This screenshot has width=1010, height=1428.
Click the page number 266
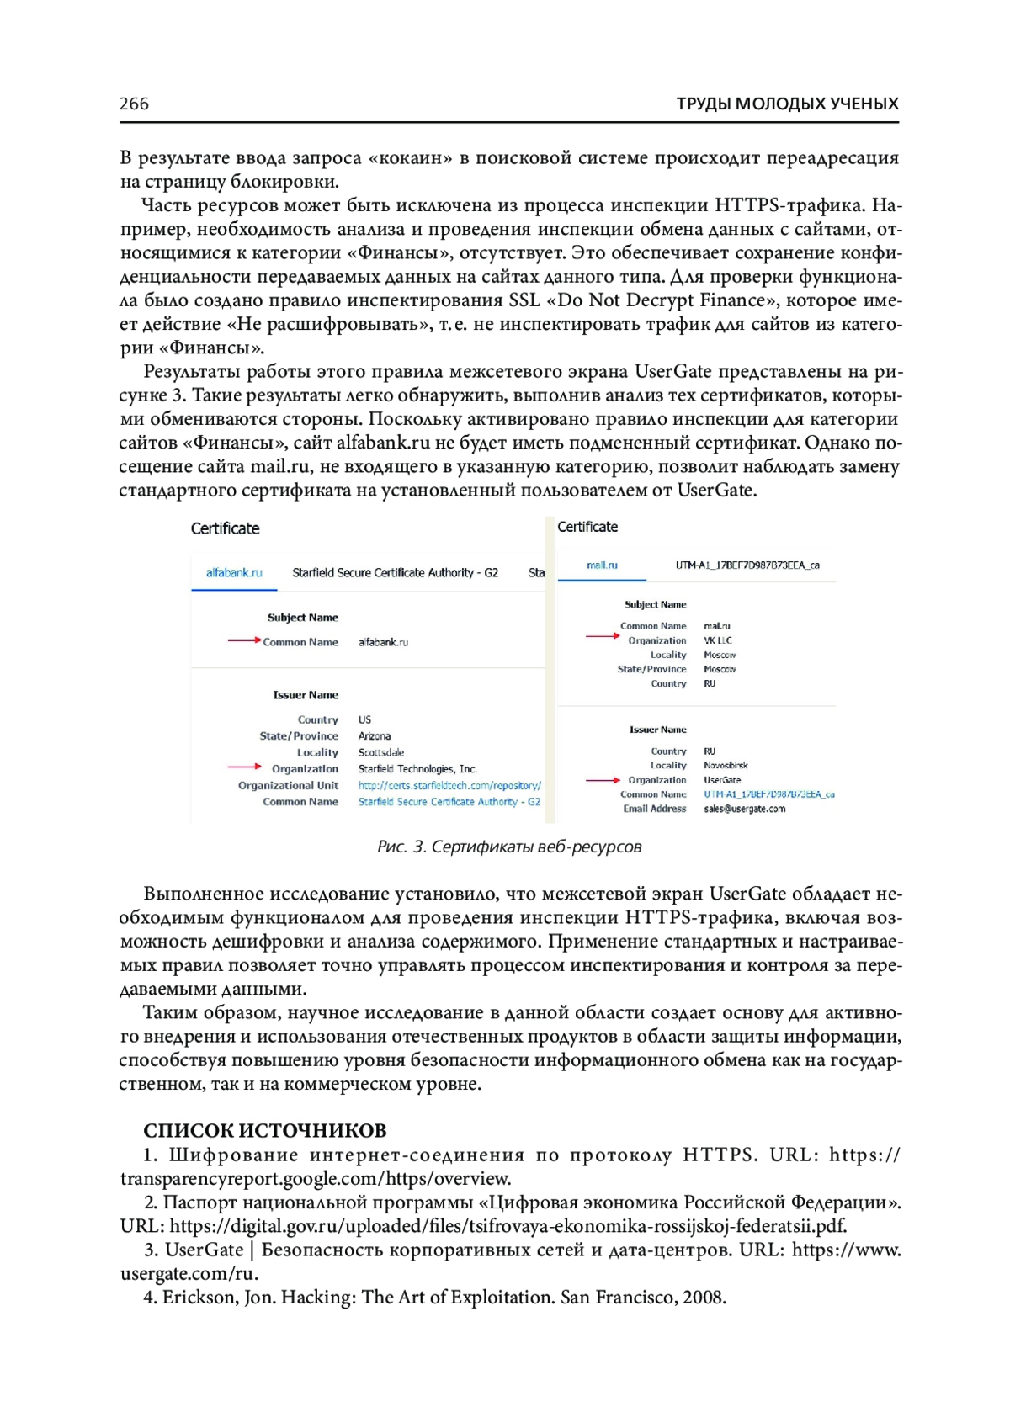point(134,104)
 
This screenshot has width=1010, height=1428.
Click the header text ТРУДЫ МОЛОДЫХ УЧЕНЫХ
point(787,104)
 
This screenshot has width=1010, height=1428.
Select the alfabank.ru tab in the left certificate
point(234,572)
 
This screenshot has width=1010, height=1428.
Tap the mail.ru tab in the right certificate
point(602,565)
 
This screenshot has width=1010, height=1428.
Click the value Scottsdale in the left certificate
point(381,752)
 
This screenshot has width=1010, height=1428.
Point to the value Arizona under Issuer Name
point(375,735)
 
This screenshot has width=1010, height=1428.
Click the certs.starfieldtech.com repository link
point(449,785)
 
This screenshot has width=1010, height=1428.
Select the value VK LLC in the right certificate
point(718,640)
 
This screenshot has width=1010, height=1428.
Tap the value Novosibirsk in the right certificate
point(726,766)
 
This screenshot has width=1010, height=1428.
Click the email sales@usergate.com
point(744,809)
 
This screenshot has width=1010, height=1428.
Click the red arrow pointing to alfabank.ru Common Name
point(243,640)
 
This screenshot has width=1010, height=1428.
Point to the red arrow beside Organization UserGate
point(603,780)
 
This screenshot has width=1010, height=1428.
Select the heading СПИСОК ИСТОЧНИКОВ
point(265,1130)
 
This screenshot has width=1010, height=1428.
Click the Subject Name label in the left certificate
point(302,618)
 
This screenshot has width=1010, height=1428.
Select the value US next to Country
point(364,719)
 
